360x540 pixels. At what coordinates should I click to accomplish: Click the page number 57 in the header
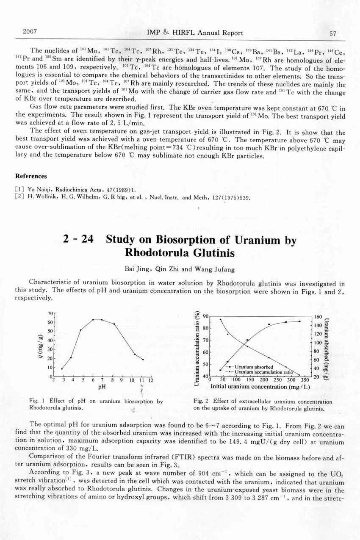332,33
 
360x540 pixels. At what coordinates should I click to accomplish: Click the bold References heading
31,176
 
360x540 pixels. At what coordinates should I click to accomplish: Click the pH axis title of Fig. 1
102,387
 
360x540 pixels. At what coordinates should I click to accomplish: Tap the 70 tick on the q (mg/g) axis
50,313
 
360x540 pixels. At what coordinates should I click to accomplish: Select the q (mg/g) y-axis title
41,345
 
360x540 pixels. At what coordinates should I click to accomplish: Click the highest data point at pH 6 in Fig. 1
93,320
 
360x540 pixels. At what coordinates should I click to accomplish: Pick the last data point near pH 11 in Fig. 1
143,360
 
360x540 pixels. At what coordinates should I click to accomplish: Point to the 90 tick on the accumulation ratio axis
206,316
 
